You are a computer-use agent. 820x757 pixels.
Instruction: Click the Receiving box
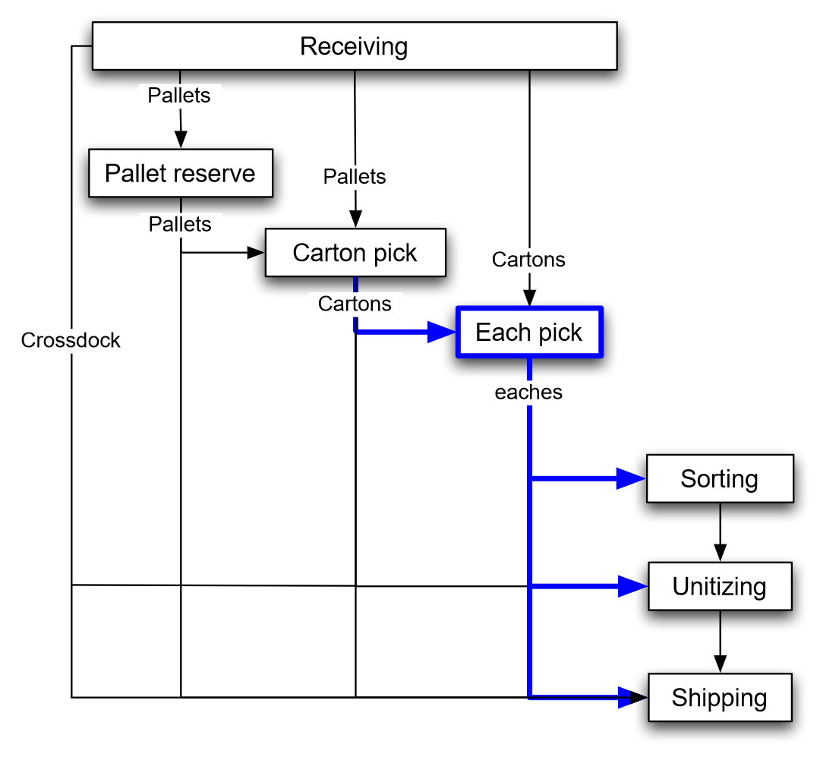coord(354,46)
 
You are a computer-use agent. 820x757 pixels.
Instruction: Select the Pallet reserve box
coord(180,173)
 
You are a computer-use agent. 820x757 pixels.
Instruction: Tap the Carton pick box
coord(355,252)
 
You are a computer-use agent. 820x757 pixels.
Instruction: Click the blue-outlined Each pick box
coord(528,332)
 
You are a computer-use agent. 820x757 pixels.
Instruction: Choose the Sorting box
coord(719,478)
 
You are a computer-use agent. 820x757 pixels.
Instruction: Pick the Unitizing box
coord(719,586)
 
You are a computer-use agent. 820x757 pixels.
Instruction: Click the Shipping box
coord(719,697)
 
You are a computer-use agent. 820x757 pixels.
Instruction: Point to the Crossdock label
coord(71,340)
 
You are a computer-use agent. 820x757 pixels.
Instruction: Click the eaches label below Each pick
coord(528,393)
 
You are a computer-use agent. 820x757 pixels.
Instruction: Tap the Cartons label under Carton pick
coord(355,304)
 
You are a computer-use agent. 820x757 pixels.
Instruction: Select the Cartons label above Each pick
coord(528,260)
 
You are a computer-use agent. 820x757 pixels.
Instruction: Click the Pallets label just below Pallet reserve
coord(180,224)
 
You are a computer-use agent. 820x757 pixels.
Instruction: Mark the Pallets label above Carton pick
coord(355,177)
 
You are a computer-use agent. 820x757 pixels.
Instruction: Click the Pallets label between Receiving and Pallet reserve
coord(179,96)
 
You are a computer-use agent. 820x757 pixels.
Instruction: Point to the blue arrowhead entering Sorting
coord(631,478)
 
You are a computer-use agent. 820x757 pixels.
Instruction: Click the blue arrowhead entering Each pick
coord(441,332)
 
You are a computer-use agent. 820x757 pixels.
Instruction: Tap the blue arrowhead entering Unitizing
coord(632,586)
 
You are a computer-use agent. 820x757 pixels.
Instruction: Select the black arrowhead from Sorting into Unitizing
coord(720,554)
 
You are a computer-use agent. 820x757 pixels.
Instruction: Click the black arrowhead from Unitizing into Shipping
coord(720,664)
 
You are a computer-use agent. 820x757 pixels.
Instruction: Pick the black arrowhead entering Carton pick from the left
coord(257,252)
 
